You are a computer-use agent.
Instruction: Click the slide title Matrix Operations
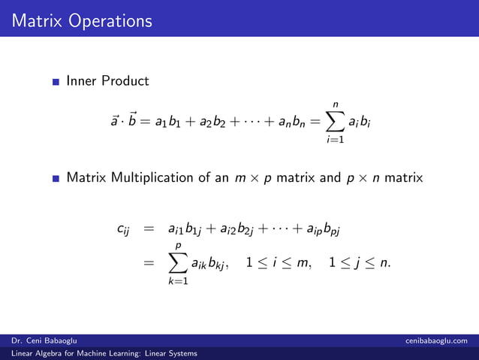82,20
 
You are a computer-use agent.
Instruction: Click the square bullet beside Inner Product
56,81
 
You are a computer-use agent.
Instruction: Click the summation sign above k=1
179,264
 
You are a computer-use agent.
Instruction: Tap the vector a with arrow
115,120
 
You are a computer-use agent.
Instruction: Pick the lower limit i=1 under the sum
336,140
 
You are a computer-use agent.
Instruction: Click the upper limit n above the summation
336,103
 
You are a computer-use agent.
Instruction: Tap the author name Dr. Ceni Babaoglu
44,341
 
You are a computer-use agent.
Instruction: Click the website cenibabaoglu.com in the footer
436,341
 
